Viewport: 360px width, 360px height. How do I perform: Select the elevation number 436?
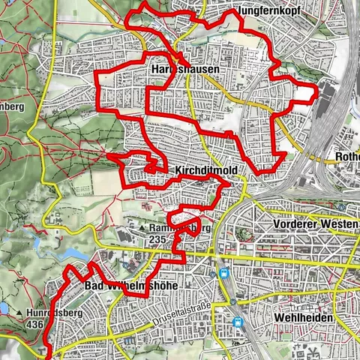point(34,325)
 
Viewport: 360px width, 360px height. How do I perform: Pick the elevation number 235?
point(157,238)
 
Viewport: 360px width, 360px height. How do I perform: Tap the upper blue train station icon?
point(223,274)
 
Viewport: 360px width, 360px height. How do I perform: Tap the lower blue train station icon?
point(238,322)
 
